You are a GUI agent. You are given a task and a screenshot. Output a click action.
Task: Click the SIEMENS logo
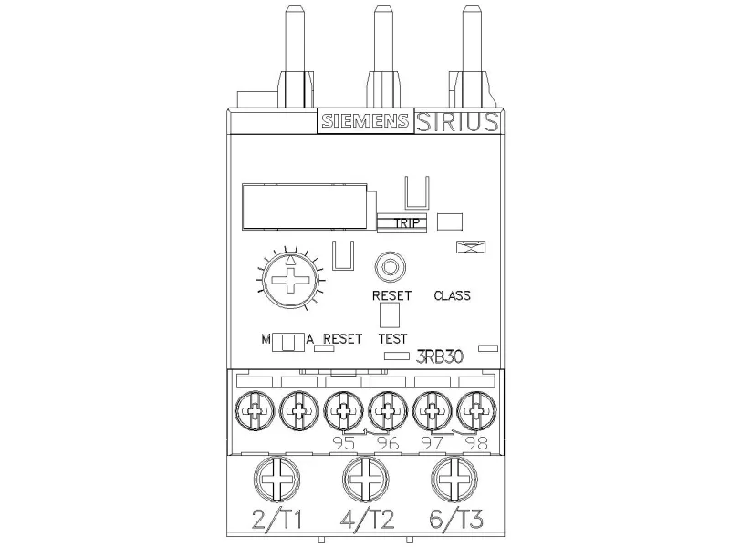[x=365, y=121]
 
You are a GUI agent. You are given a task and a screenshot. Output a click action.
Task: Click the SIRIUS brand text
[x=457, y=122]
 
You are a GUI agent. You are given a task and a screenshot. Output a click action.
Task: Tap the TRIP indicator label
[x=406, y=222]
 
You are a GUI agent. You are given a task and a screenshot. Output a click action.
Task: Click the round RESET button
[x=391, y=267]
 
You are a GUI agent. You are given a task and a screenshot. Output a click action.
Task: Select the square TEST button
[x=390, y=315]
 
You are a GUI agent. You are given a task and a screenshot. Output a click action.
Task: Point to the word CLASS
[x=452, y=295]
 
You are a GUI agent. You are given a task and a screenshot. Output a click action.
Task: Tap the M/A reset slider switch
[x=287, y=342]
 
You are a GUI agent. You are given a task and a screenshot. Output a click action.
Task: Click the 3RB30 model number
[x=439, y=356]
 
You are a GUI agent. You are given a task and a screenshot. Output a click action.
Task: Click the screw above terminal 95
[x=344, y=411]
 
